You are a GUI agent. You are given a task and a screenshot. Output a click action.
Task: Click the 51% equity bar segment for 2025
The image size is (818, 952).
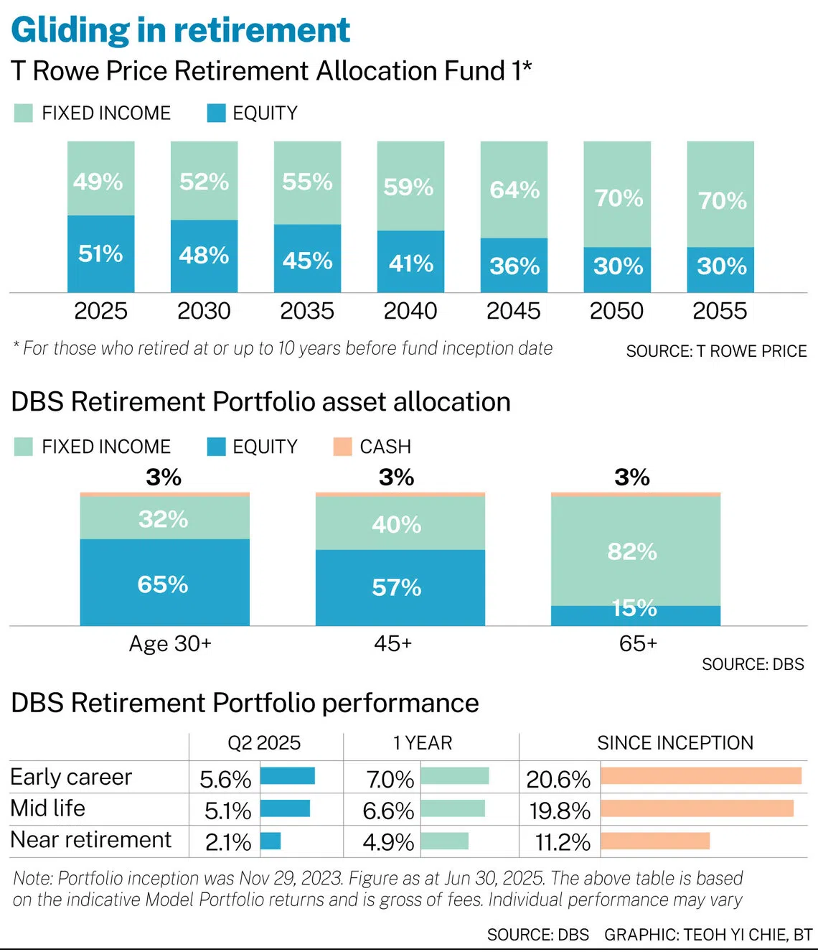click(x=100, y=253)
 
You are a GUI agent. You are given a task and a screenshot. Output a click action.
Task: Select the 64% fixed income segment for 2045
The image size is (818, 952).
click(x=514, y=190)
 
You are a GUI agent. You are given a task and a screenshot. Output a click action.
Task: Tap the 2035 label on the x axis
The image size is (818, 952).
click(x=307, y=311)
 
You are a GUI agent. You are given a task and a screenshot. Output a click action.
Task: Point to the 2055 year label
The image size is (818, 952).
click(x=720, y=311)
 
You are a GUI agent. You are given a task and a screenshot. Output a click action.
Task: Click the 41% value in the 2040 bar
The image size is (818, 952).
click(x=410, y=263)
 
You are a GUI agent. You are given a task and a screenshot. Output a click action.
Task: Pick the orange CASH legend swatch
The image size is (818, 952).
click(x=343, y=447)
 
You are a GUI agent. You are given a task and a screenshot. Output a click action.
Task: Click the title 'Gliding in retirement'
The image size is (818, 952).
click(x=181, y=30)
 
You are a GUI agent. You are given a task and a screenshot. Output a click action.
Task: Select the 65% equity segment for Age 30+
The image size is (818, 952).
click(x=164, y=583)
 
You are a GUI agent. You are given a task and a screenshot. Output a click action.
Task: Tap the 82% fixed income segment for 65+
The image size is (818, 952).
click(x=632, y=551)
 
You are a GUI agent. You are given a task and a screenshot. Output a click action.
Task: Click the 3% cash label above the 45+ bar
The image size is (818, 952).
click(x=396, y=477)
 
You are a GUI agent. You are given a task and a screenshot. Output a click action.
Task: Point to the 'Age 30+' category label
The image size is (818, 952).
click(x=170, y=643)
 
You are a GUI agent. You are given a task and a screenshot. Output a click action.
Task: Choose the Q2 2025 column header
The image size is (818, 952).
click(x=264, y=743)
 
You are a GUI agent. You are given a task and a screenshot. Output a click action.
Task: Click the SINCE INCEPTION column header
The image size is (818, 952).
click(x=675, y=743)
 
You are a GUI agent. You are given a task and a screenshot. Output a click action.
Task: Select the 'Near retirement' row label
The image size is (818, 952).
click(x=91, y=840)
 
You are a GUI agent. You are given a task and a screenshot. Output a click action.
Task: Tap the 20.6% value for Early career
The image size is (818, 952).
click(x=558, y=779)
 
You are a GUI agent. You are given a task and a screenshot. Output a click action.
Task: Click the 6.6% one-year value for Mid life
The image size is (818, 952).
click(x=388, y=811)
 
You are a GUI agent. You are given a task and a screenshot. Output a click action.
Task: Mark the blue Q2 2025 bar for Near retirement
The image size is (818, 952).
click(x=271, y=841)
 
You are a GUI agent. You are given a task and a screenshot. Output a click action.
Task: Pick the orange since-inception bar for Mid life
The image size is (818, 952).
click(x=697, y=808)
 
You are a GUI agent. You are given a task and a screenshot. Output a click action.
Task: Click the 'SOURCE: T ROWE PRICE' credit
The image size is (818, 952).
click(x=716, y=352)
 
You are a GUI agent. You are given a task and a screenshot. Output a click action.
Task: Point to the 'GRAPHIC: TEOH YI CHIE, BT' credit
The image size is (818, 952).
click(x=707, y=935)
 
